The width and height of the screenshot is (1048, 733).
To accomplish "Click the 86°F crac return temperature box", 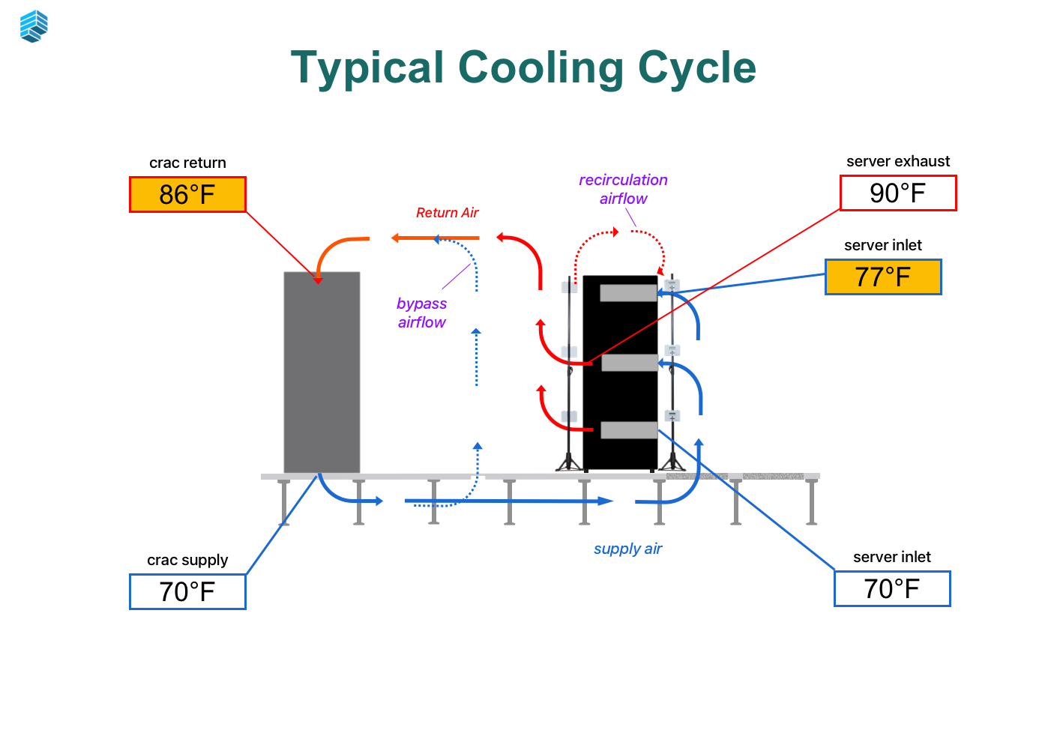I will (x=187, y=195).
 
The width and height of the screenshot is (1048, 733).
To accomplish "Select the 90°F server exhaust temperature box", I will (x=897, y=193).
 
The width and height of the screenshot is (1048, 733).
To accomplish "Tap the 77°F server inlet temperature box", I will (x=882, y=277).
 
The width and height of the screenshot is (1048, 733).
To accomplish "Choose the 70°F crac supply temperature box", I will (x=187, y=592).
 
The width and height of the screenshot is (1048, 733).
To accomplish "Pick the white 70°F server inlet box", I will (x=891, y=589).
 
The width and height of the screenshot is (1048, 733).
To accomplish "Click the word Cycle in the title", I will (x=696, y=67).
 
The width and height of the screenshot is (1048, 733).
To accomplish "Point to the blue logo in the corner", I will (x=34, y=26).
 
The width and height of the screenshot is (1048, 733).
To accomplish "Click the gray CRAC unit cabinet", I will (x=322, y=372).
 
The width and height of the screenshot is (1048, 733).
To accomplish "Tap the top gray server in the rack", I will (x=628, y=293).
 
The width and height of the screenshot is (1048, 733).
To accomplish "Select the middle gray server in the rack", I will (x=629, y=363).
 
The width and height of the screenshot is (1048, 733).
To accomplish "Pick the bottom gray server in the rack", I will (x=629, y=430).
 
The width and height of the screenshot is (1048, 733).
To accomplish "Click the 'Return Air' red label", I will (x=447, y=213).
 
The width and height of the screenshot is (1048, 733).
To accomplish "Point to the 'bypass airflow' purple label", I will (x=421, y=313).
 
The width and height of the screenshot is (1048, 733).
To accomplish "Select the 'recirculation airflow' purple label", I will (x=623, y=189).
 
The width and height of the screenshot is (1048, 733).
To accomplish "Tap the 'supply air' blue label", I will (x=627, y=549).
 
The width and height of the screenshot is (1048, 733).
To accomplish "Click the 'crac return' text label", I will (x=187, y=163).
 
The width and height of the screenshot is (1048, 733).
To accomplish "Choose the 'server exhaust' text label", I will (x=897, y=161).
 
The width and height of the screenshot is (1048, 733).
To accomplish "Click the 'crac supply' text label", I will (x=187, y=560).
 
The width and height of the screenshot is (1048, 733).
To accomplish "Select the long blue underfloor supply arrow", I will (x=510, y=501).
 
